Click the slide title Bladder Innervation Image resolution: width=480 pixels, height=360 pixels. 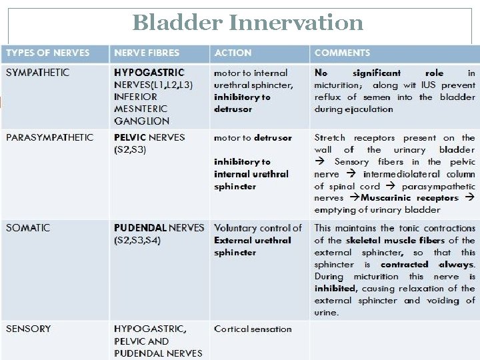click(x=248, y=22)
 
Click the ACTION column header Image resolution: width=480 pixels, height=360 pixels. click(x=233, y=53)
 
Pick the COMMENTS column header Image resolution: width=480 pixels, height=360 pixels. click(x=342, y=53)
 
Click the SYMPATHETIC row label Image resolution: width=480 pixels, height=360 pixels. click(x=37, y=72)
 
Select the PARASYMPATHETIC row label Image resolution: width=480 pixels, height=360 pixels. click(x=49, y=137)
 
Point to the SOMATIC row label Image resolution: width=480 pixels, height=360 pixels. click(x=28, y=228)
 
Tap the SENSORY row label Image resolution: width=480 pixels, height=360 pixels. click(x=28, y=329)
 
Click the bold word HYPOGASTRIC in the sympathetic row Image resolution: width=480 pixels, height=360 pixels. click(x=149, y=72)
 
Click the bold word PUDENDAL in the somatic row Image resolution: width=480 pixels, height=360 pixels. click(x=140, y=228)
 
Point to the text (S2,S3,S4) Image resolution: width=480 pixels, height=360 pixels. click(x=137, y=240)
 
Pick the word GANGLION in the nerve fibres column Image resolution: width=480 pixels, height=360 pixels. click(x=141, y=121)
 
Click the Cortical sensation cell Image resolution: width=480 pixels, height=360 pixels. click(x=253, y=329)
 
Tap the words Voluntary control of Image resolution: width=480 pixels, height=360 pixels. click(x=258, y=228)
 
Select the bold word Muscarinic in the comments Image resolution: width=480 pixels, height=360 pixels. click(x=387, y=198)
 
